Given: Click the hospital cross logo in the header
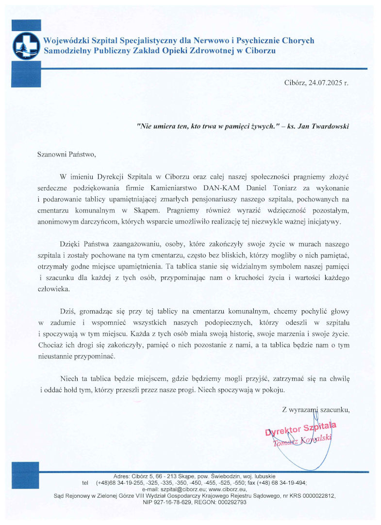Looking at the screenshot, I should click(x=25, y=45).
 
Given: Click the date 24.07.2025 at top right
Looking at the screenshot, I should click(x=324, y=83).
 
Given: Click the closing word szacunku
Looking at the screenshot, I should click(x=334, y=410).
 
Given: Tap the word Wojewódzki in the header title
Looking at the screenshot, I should click(x=66, y=40).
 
